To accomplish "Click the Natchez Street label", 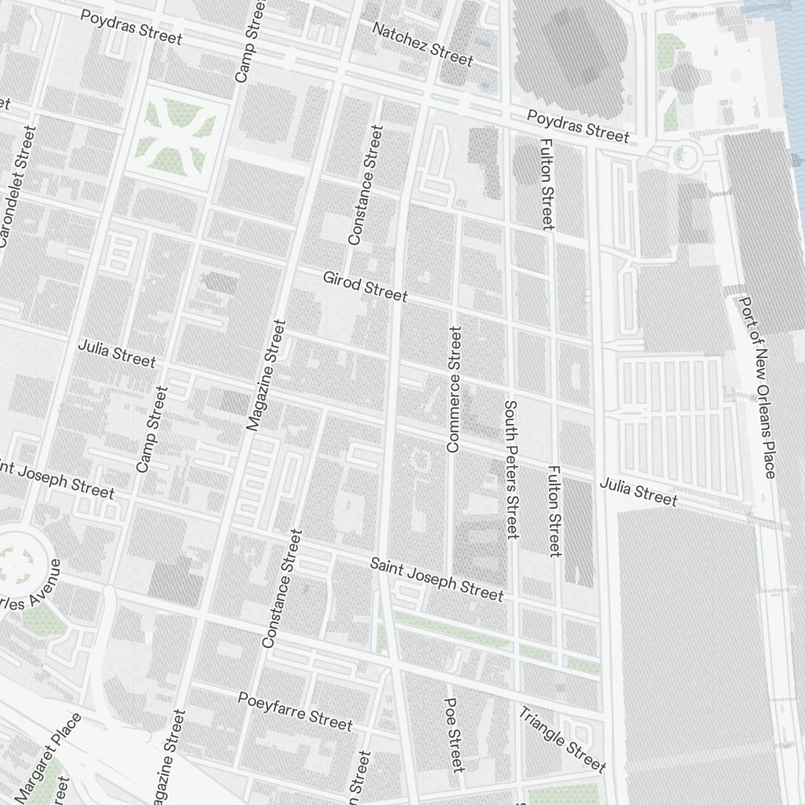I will point(422,43).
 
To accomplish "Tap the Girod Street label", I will point(365,286).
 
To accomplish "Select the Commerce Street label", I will point(454,389).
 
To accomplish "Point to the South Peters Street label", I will point(511,469).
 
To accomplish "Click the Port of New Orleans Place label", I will point(758,386).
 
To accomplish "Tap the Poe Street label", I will point(454,734).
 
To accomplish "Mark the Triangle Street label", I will point(561,739).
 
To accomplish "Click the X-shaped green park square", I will point(175,129).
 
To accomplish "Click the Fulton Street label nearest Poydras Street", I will point(547,184).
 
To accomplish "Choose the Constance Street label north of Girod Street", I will point(365,185).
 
